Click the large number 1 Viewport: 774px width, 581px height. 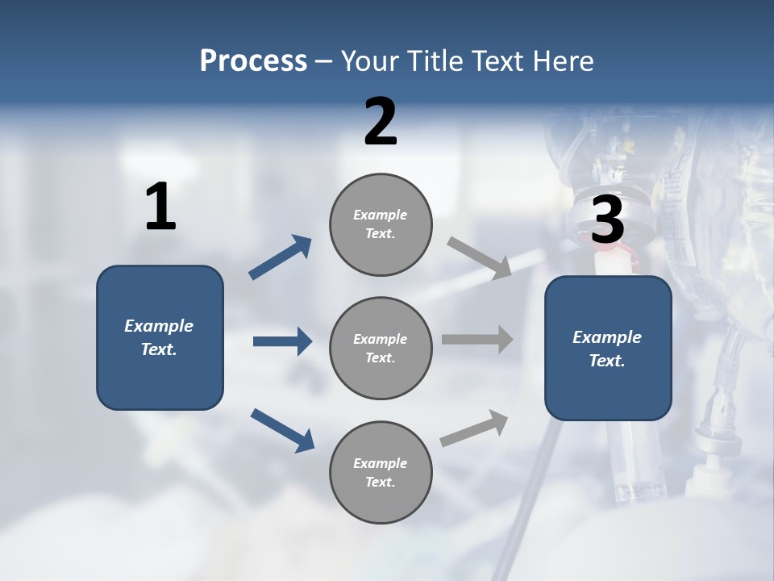(x=160, y=207)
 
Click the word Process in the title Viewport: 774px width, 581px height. (x=253, y=61)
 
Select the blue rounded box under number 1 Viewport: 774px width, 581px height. (x=160, y=337)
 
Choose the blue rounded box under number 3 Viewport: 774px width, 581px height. (x=608, y=348)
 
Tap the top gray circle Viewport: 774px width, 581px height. (x=381, y=224)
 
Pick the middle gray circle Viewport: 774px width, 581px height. (x=381, y=348)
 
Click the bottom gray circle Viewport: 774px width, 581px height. (x=381, y=472)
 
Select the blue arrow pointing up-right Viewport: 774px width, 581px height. (x=281, y=257)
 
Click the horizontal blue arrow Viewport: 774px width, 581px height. (x=282, y=341)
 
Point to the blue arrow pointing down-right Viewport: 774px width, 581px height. (x=282, y=429)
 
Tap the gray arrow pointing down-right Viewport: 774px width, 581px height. (x=479, y=257)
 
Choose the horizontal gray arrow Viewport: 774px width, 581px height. (x=477, y=340)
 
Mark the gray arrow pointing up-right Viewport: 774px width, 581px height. (x=474, y=428)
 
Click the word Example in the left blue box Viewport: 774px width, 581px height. (x=159, y=326)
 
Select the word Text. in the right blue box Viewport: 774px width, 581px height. (x=607, y=361)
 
